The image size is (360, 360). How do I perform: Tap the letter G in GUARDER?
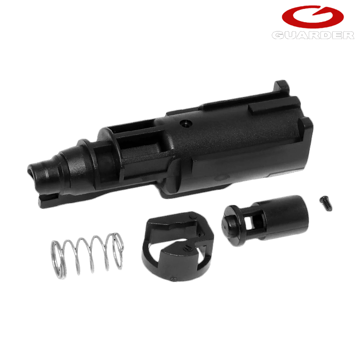click(278, 36)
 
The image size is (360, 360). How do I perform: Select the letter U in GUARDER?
click(291, 36)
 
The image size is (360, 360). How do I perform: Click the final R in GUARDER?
click(348, 36)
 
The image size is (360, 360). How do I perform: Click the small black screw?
click(325, 203)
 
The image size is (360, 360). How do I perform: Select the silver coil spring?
click(87, 255)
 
